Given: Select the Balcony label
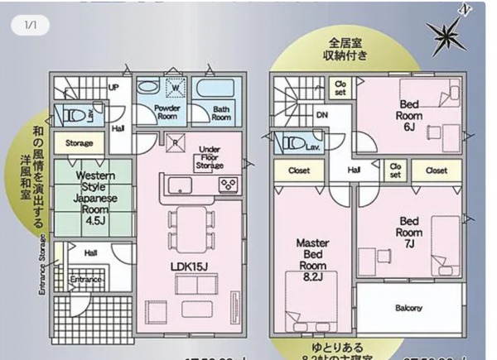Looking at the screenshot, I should point(408,308).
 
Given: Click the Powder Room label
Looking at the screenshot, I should point(168,112).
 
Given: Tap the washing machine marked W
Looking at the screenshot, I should point(175,87).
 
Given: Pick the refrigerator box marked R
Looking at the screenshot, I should point(176,142).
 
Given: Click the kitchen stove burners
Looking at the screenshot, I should point(228,184).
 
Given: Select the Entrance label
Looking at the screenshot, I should point(85,281).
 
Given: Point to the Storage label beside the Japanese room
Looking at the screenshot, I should point(79,143).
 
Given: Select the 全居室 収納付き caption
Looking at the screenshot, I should point(345,48).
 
